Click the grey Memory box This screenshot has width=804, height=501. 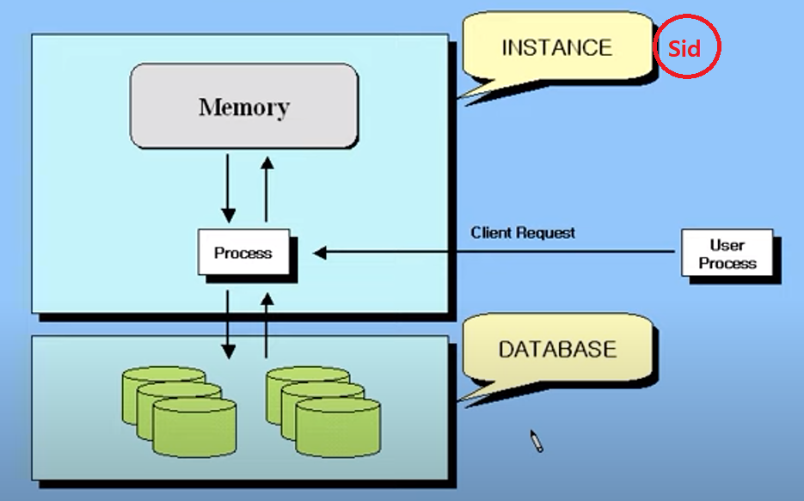point(244,106)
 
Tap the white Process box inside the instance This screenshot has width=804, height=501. point(243,252)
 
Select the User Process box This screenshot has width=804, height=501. point(727,253)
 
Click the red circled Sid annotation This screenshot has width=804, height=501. point(686,47)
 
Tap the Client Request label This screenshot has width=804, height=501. point(523,233)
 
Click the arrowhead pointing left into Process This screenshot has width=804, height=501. point(320,253)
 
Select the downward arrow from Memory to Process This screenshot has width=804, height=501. point(228,188)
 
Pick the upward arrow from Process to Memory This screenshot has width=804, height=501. point(267,189)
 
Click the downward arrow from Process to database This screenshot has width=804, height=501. point(228,324)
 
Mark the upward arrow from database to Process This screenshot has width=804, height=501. point(267,325)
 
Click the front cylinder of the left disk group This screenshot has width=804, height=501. point(195,427)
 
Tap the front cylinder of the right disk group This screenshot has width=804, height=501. point(339,427)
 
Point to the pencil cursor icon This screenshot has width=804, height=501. point(537,441)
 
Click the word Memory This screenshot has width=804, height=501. point(244,107)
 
